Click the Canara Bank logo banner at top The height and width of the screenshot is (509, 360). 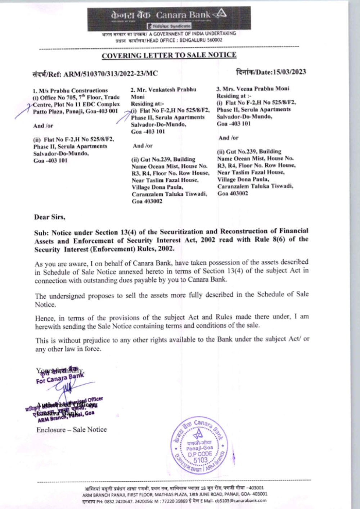[169, 18]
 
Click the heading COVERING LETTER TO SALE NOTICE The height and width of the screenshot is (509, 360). [169, 55]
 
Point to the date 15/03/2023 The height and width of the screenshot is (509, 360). [289, 72]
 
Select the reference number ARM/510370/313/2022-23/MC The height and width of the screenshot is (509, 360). [111, 74]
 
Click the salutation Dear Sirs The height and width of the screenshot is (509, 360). [50, 217]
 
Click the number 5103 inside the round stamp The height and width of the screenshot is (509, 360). [200, 460]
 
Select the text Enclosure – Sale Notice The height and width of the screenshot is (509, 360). [72, 430]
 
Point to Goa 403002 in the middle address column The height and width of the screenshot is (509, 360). [147, 201]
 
